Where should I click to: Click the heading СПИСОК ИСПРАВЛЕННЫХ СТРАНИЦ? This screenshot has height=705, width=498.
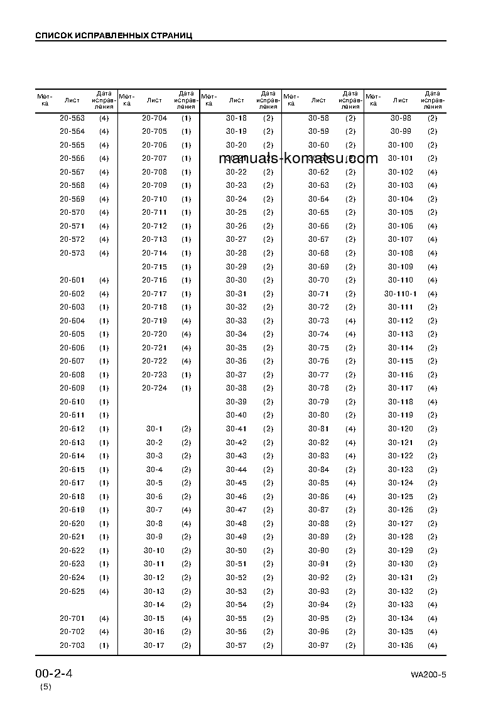[x=114, y=35]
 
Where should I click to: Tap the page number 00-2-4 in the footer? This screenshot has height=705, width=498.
[x=54, y=674]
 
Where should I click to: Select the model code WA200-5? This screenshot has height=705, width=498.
[x=428, y=675]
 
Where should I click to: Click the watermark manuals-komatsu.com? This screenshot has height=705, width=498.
[x=299, y=158]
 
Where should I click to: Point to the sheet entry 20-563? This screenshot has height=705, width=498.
[x=72, y=118]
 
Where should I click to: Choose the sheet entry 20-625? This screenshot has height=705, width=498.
[x=72, y=591]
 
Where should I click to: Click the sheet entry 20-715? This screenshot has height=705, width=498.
[x=154, y=267]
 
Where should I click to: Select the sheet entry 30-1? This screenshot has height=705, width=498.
[x=154, y=429]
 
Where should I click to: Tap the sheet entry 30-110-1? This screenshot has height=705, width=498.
[x=401, y=294]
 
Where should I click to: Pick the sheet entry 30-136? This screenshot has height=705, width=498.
[x=401, y=645]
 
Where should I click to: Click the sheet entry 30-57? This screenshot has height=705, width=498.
[x=237, y=645]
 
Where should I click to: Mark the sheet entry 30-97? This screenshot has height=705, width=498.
[x=318, y=645]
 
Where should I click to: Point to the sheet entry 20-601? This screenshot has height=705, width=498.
[x=72, y=280]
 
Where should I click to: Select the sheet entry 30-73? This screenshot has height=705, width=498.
[x=318, y=321]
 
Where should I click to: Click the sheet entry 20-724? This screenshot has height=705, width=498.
[x=154, y=388]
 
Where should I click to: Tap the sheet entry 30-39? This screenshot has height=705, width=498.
[x=237, y=402]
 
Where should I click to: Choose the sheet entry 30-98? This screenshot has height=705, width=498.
[x=401, y=118]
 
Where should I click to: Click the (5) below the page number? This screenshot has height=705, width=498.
[x=46, y=687]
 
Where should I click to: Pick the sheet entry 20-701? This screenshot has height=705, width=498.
[x=72, y=618]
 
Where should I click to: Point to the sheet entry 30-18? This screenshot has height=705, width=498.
[x=237, y=118]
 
